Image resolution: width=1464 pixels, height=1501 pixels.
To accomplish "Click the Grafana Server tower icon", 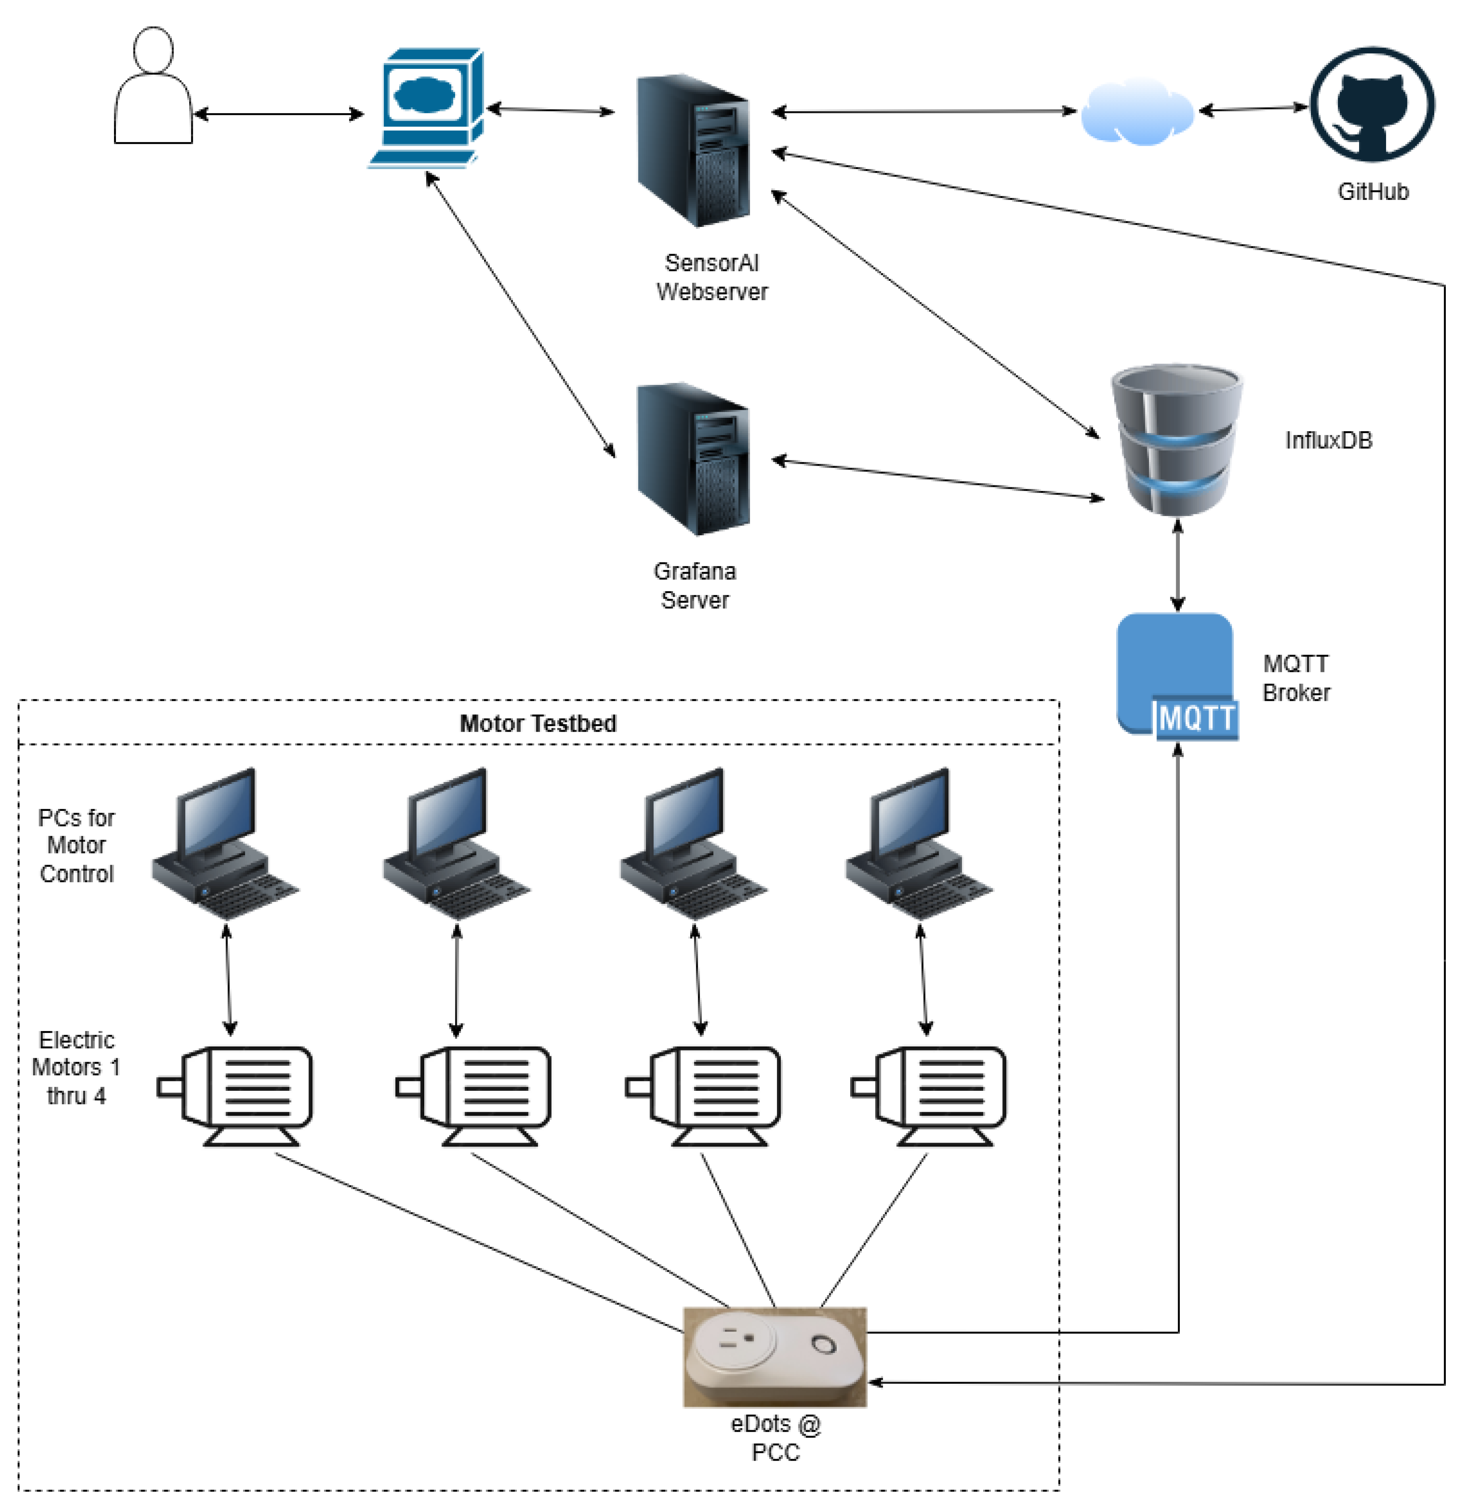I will click(x=693, y=459).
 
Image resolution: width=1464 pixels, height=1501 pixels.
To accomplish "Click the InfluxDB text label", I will click(x=1328, y=440).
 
